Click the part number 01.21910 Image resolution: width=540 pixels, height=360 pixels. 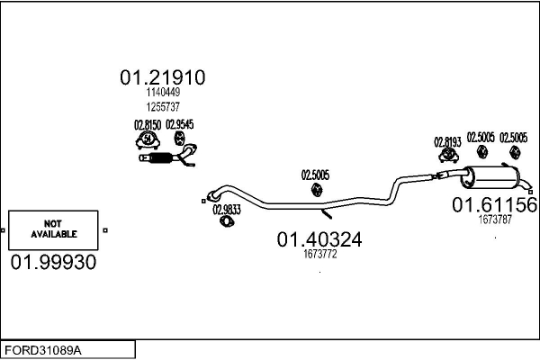pyautogui.click(x=162, y=78)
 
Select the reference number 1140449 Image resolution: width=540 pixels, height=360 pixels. pyautogui.click(x=162, y=93)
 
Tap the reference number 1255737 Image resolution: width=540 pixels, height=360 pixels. pyautogui.click(x=162, y=105)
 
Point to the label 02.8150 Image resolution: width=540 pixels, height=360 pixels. pyautogui.click(x=147, y=125)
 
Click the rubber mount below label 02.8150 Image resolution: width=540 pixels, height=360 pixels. pyautogui.click(x=147, y=140)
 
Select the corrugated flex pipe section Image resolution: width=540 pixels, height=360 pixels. pyautogui.click(x=160, y=160)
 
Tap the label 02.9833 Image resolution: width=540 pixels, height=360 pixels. pyautogui.click(x=226, y=210)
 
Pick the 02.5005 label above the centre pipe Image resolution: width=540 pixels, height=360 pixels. pyautogui.click(x=315, y=175)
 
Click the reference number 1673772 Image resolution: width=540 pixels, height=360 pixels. pyautogui.click(x=319, y=255)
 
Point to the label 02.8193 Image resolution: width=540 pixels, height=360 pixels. pyautogui.click(x=447, y=141)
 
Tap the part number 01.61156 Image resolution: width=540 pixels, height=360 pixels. pyautogui.click(x=494, y=205)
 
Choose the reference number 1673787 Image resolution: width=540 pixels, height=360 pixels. pyautogui.click(x=494, y=219)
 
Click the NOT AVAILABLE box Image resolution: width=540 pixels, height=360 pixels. pyautogui.click(x=54, y=229)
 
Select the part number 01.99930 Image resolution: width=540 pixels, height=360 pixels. pyautogui.click(x=53, y=262)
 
